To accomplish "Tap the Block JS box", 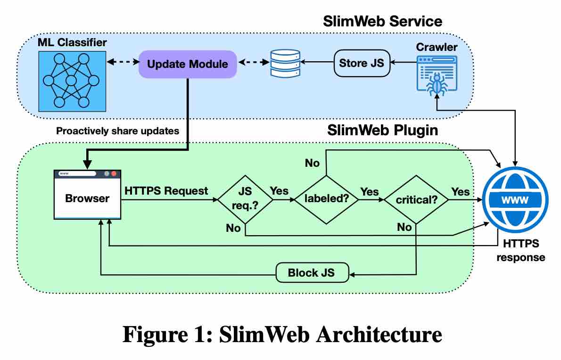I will (x=312, y=273).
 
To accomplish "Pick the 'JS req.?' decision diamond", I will (x=246, y=200).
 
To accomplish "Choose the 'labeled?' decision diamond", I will (x=326, y=200).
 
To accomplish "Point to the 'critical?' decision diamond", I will (x=415, y=200).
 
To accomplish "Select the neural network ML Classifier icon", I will (x=71, y=80).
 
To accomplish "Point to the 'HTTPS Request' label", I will (x=166, y=191).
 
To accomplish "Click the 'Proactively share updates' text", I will (x=117, y=131).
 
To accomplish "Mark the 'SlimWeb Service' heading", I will (x=382, y=21).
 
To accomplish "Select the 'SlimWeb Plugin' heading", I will (x=382, y=130).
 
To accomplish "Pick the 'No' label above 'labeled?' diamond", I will (x=312, y=163).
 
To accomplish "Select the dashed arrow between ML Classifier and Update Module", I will (x=122, y=62).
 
